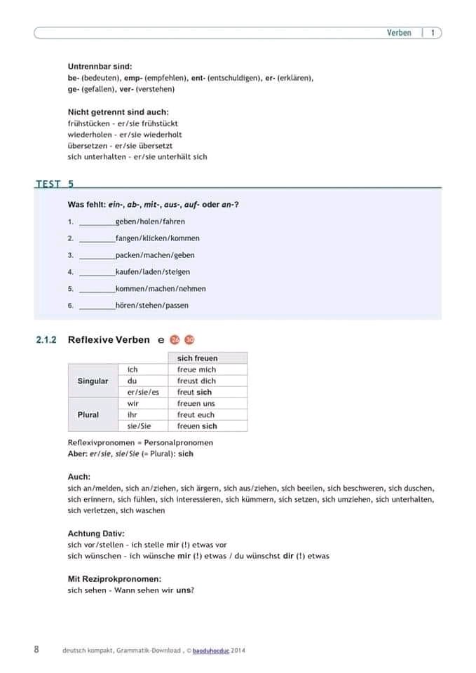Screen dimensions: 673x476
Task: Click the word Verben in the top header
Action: tap(399, 33)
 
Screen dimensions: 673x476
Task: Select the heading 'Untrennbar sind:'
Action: tap(100, 66)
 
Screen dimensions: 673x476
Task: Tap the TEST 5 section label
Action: tap(54, 184)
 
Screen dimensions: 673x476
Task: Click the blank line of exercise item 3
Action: tap(97, 256)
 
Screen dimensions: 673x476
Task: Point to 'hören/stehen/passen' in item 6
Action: tap(152, 306)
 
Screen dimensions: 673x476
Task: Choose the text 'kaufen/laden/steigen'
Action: tap(153, 272)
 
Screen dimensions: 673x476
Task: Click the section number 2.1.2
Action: tap(46, 340)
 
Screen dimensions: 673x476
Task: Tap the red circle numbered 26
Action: tap(175, 340)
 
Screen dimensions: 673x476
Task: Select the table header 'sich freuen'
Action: tap(198, 358)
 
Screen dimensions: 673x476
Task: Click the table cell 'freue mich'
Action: tap(197, 369)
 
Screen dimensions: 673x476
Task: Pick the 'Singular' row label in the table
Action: tap(93, 381)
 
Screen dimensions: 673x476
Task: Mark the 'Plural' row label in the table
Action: tap(88, 414)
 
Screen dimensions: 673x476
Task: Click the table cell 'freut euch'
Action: tap(196, 414)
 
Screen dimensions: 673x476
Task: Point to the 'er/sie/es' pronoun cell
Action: tap(143, 392)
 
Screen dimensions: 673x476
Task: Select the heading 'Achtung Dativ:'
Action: tap(96, 533)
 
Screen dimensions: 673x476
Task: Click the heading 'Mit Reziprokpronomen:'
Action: tap(114, 579)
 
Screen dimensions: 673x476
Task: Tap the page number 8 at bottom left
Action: tap(36, 649)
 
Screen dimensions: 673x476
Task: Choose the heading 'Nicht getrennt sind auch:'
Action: tap(118, 112)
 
